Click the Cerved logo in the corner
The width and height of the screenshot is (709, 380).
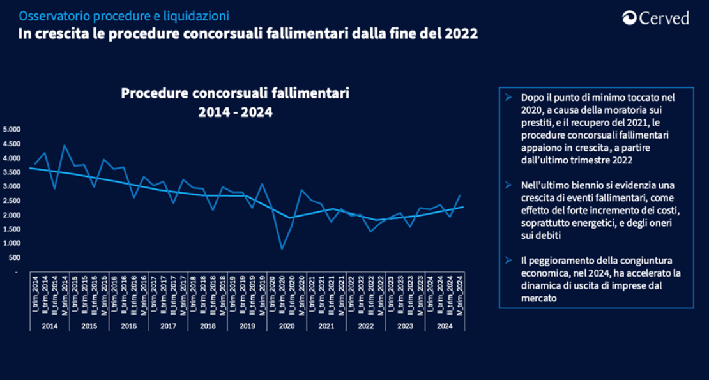[656, 19]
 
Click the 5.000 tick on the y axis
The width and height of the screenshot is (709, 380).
[12, 130]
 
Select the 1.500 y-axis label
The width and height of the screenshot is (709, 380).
[12, 229]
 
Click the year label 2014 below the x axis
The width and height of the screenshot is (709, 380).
[49, 326]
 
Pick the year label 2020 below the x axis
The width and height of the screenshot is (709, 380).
[287, 326]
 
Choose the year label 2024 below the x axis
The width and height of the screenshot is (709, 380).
[445, 326]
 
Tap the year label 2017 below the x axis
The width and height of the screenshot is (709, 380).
[168, 326]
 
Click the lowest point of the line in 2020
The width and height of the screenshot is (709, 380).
[282, 249]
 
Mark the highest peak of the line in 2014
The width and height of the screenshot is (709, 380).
[64, 145]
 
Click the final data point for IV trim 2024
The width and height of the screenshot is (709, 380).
[460, 195]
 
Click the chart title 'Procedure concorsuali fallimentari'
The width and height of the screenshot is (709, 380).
[235, 94]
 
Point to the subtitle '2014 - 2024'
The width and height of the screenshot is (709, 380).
[235, 112]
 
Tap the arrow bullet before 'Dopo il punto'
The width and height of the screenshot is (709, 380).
[508, 98]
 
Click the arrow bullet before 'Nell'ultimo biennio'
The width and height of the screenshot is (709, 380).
[508, 185]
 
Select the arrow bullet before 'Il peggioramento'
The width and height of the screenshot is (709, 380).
[508, 261]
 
